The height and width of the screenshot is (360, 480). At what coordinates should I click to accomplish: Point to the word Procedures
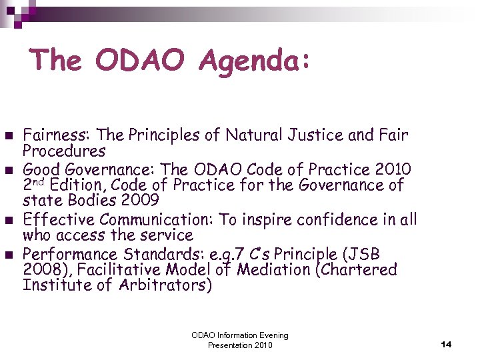pos(64,151)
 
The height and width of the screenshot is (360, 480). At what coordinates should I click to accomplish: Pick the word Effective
pos(57,219)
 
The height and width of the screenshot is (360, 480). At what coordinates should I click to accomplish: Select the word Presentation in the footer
pos(230,345)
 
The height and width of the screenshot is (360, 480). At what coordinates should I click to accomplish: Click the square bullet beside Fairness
pos(9,135)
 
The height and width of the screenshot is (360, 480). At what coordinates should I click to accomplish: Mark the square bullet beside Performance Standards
pos(9,253)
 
